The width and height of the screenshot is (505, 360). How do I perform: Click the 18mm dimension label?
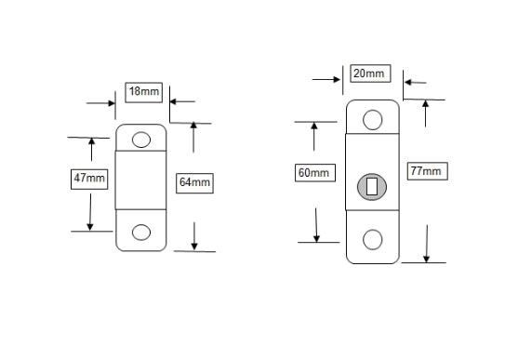(x=143, y=92)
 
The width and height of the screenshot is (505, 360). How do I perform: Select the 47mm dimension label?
(x=90, y=179)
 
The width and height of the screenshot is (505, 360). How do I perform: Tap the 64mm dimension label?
(x=195, y=183)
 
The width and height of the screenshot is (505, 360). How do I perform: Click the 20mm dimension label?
(x=369, y=73)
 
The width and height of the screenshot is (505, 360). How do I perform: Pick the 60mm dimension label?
(x=314, y=173)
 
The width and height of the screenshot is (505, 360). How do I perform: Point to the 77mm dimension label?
(x=424, y=170)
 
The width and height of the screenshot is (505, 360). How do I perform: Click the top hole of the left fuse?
(x=141, y=140)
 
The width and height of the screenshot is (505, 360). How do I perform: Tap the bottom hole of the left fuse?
(x=141, y=232)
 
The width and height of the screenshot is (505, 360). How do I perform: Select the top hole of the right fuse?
(x=372, y=118)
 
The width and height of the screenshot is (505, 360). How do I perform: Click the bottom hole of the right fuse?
(x=372, y=240)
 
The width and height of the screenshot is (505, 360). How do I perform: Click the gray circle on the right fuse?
(x=372, y=186)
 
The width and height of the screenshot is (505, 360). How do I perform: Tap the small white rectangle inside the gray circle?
(x=373, y=186)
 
